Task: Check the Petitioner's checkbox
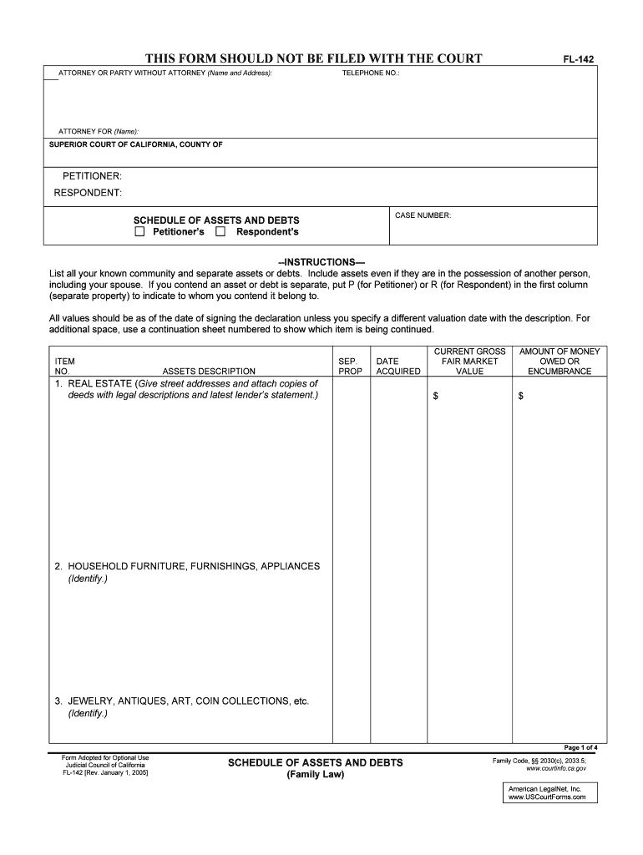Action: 139,231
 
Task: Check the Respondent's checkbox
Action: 220,231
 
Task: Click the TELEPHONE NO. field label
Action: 371,73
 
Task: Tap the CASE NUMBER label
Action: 423,215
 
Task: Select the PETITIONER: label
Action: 92,176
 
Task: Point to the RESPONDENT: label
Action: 88,193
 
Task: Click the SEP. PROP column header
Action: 350,367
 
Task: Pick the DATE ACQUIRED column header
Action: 398,367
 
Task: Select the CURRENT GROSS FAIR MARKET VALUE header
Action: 469,362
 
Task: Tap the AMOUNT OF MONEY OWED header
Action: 559,362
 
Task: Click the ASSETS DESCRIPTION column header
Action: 209,372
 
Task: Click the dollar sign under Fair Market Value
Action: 435,396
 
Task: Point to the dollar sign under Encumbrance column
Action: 521,396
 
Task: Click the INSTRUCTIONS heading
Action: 321,262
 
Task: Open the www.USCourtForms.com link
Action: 547,797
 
